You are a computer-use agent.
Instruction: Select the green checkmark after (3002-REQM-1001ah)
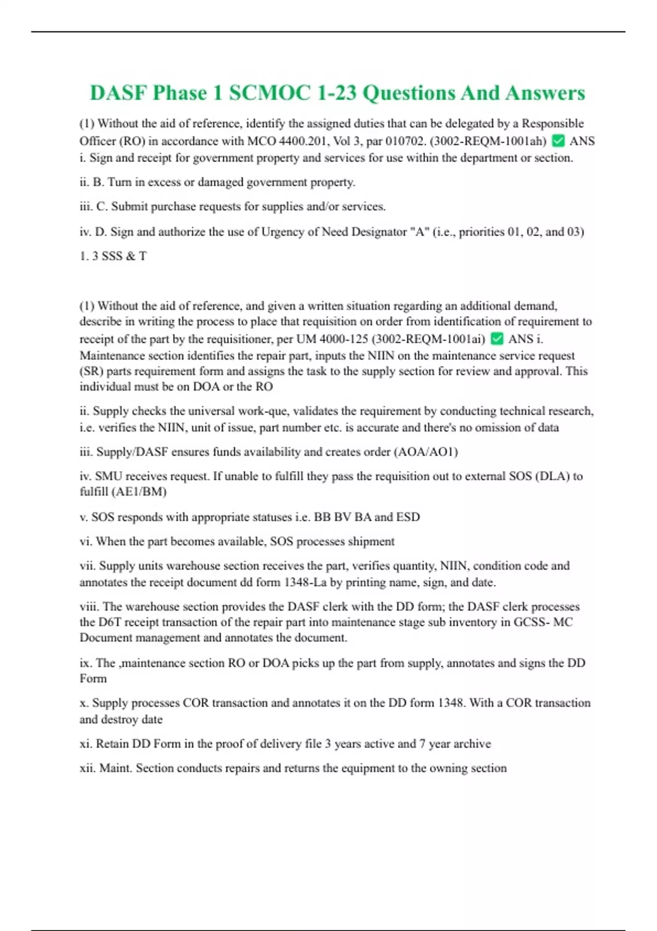(558, 141)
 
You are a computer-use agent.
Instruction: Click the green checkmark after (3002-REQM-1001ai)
(497, 339)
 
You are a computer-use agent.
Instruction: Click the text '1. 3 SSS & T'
(113, 256)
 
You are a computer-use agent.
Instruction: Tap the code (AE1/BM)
(139, 492)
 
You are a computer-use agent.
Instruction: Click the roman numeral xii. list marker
(87, 768)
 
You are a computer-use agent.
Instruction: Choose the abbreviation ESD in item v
(408, 517)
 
